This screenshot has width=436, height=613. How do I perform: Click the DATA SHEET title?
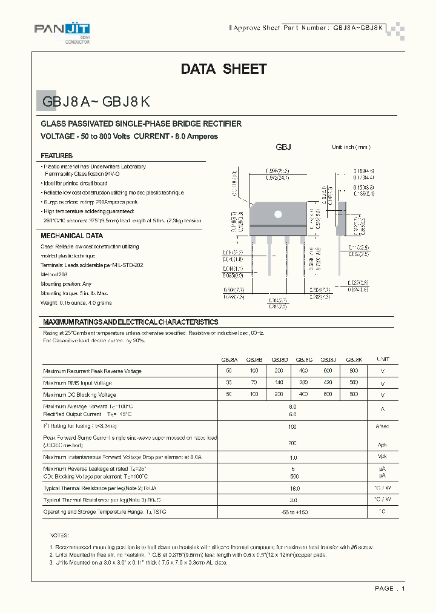223,69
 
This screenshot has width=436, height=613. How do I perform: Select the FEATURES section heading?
57,156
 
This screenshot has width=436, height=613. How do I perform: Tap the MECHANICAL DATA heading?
71,236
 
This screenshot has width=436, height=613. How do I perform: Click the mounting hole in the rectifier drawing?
279,213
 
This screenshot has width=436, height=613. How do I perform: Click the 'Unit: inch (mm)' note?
351,147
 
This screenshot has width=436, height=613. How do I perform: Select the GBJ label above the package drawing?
283,148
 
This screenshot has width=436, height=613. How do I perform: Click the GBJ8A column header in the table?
229,359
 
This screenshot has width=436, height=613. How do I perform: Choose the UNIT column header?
383,359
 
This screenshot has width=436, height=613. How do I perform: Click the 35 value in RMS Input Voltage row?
229,383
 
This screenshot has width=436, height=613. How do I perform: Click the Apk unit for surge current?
383,443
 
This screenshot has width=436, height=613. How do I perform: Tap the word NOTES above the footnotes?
59,535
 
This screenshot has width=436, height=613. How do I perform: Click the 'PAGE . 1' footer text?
389,588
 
